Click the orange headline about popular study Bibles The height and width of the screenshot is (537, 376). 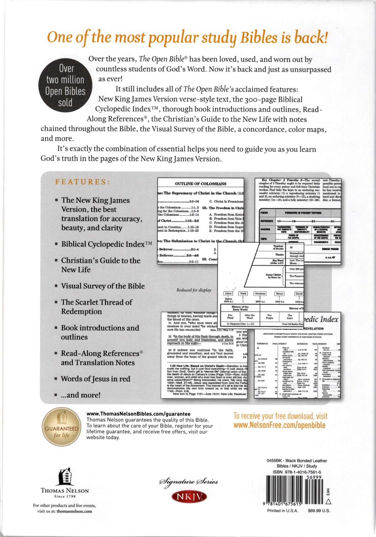tap(187, 37)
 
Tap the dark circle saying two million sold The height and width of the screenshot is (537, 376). tap(65, 86)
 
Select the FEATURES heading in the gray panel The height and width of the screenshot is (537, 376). tap(83, 182)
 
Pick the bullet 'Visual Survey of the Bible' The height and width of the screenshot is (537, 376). tap(103, 286)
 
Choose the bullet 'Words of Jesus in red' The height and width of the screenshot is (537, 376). tap(95, 379)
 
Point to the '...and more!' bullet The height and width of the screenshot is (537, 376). tap(80, 395)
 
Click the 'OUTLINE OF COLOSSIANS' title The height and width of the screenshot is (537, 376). tap(201, 184)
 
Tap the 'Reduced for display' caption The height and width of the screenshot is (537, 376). tap(194, 290)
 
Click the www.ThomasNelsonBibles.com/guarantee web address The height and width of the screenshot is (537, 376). tap(138, 414)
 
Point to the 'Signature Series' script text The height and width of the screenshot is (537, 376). tap(189, 482)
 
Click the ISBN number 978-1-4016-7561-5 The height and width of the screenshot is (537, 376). tap(297, 472)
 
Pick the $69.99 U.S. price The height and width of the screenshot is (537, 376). tap(319, 511)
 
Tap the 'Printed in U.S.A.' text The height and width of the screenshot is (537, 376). tap(282, 511)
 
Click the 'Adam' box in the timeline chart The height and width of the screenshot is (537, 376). tap(228, 294)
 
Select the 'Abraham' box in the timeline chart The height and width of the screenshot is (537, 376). tap(260, 294)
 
